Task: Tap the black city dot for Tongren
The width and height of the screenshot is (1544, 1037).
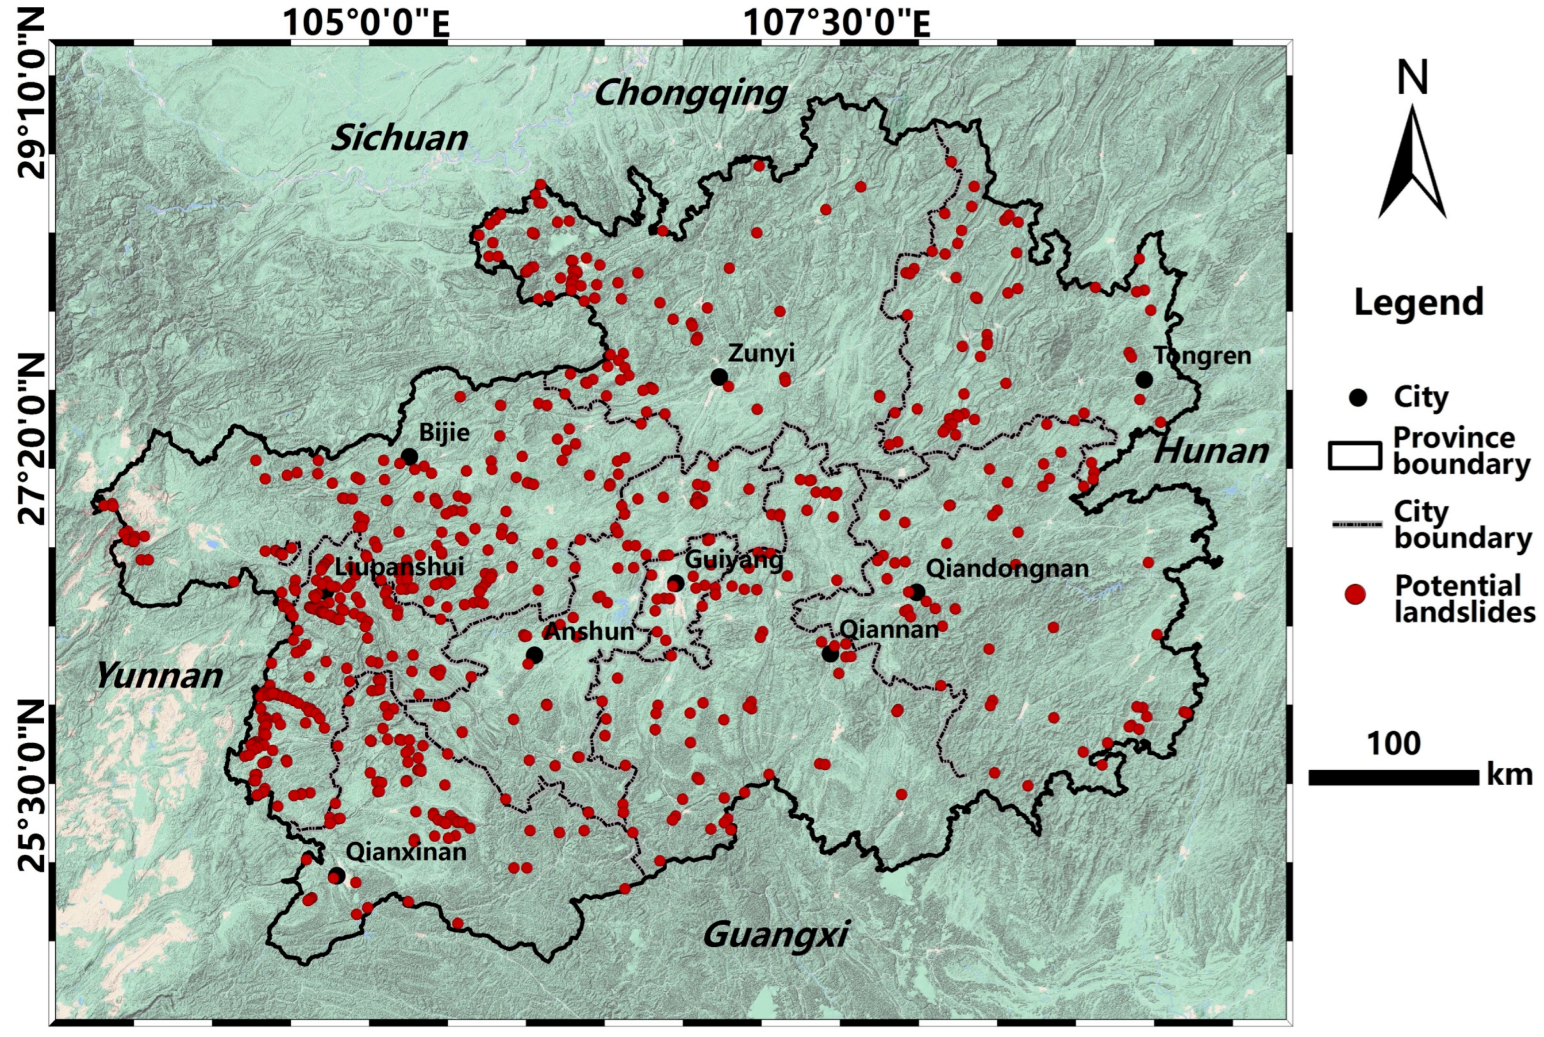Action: click(x=1144, y=379)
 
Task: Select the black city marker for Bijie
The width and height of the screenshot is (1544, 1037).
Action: click(x=409, y=456)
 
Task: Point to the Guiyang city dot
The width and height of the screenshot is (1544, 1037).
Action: click(x=675, y=583)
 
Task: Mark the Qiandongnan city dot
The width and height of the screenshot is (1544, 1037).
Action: click(x=916, y=593)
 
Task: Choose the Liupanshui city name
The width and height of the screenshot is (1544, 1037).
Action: click(x=399, y=567)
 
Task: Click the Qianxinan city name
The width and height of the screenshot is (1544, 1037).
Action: click(x=406, y=852)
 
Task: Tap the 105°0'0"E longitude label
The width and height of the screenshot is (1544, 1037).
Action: click(x=366, y=25)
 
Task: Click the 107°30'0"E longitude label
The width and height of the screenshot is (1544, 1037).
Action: click(x=837, y=25)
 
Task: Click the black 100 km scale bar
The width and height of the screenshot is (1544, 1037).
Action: click(x=1393, y=777)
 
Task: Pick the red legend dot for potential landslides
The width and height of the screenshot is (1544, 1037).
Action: click(x=1355, y=594)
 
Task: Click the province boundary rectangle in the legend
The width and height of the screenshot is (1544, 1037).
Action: click(x=1354, y=456)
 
